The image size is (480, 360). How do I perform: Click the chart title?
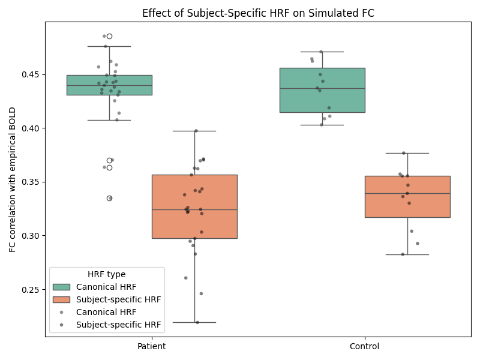tap(258, 13)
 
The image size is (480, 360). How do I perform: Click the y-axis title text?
tap(13, 179)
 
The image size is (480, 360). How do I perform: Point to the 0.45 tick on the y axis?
tap(32, 74)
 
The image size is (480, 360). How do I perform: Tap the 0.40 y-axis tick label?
tap(32, 128)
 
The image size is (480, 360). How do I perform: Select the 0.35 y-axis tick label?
tap(32, 182)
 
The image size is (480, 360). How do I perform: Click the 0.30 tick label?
tap(32, 236)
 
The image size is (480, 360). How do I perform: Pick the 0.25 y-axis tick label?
tap(32, 290)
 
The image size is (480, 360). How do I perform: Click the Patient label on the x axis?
tap(152, 346)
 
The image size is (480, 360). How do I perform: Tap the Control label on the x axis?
tap(365, 346)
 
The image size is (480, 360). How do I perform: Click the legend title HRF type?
tap(106, 274)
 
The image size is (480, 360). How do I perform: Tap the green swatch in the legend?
tap(61, 287)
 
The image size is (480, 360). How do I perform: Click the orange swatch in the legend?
tap(61, 299)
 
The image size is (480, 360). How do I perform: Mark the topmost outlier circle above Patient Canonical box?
tap(109, 36)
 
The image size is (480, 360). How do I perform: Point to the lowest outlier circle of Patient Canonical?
tap(109, 198)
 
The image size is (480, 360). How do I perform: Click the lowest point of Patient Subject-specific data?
tap(197, 322)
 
